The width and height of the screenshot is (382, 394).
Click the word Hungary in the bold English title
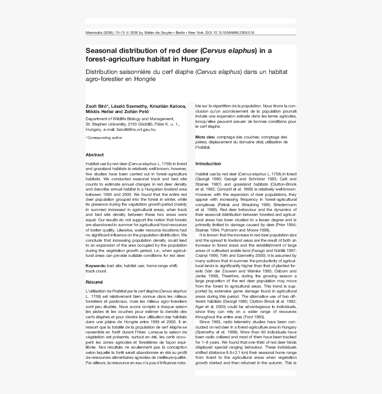(x=195, y=59)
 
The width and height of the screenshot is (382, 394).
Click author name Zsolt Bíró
(x=97, y=106)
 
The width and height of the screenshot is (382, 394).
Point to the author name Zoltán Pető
(x=138, y=112)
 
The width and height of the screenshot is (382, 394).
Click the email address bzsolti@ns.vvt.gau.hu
(x=136, y=130)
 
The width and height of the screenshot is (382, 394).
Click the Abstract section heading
(x=94, y=155)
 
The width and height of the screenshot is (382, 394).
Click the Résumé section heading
(x=94, y=282)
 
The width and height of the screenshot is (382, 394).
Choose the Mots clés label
(x=205, y=137)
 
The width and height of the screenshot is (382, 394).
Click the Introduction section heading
(x=208, y=164)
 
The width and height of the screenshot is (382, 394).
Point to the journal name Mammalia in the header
(x=94, y=33)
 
